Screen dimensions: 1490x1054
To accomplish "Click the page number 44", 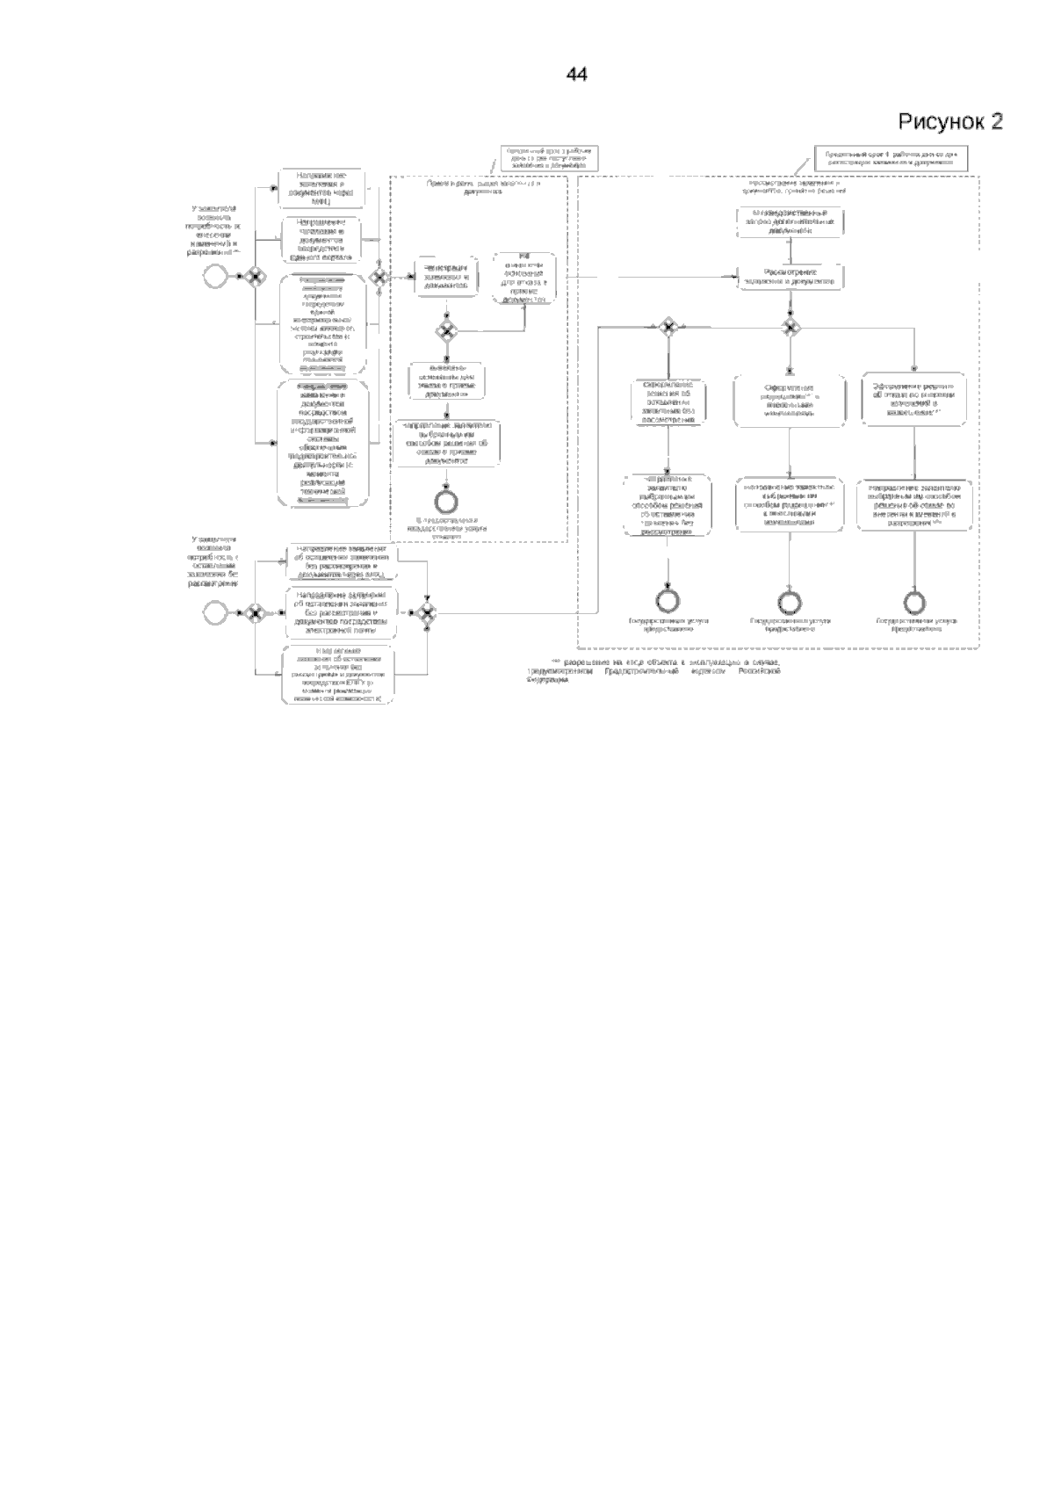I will pos(576,76).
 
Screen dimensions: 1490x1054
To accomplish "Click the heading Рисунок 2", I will pos(949,122).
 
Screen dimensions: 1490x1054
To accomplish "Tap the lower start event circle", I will pos(213,611).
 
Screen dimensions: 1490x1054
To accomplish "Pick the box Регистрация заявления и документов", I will pos(447,275).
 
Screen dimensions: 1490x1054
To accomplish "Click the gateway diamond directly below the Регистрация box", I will pos(446,331).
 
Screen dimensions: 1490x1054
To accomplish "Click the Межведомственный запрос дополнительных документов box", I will pos(790,222).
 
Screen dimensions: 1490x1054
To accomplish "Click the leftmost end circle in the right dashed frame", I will pos(668,601).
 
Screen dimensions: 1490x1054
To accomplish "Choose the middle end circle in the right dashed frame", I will pos(790,601).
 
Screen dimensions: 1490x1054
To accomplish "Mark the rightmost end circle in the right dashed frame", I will pos(915,601).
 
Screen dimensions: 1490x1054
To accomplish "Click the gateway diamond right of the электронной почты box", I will pos(427,611).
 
